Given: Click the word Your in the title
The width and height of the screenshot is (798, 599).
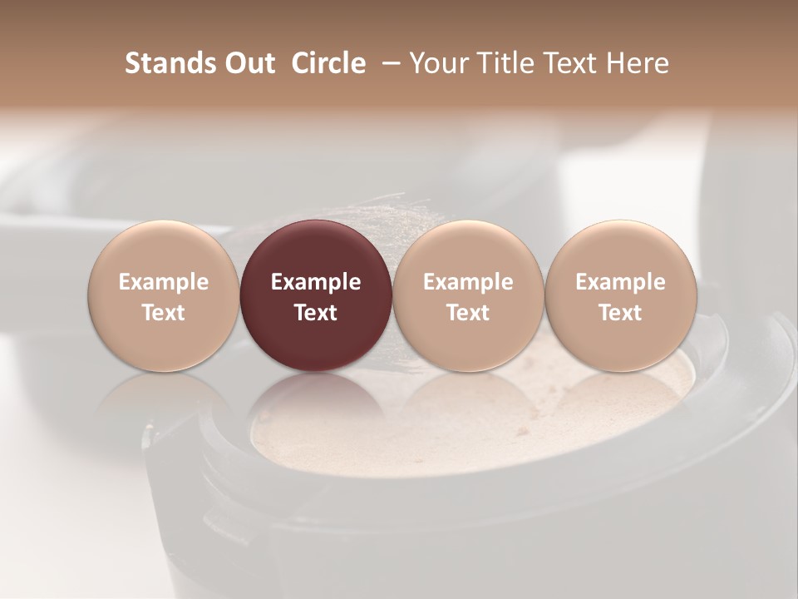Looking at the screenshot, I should [x=439, y=63].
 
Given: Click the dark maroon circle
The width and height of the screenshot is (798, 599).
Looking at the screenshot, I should [x=316, y=295].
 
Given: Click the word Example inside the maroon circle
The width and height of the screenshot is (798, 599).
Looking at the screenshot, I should [x=316, y=282].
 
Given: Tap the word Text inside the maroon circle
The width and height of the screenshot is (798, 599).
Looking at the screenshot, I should [x=316, y=313].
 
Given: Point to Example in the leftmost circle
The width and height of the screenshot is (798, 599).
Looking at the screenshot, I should [x=164, y=282].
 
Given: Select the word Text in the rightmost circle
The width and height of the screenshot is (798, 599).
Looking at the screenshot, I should [x=620, y=313].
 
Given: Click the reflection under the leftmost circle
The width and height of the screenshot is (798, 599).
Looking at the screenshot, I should [x=163, y=395].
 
